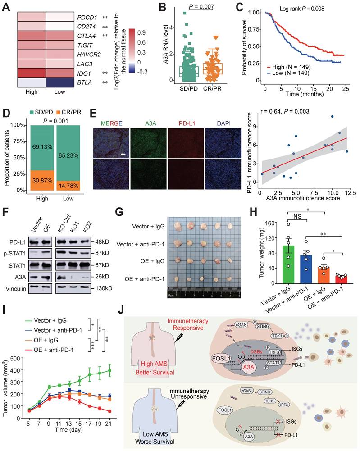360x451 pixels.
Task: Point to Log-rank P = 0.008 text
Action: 306,8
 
